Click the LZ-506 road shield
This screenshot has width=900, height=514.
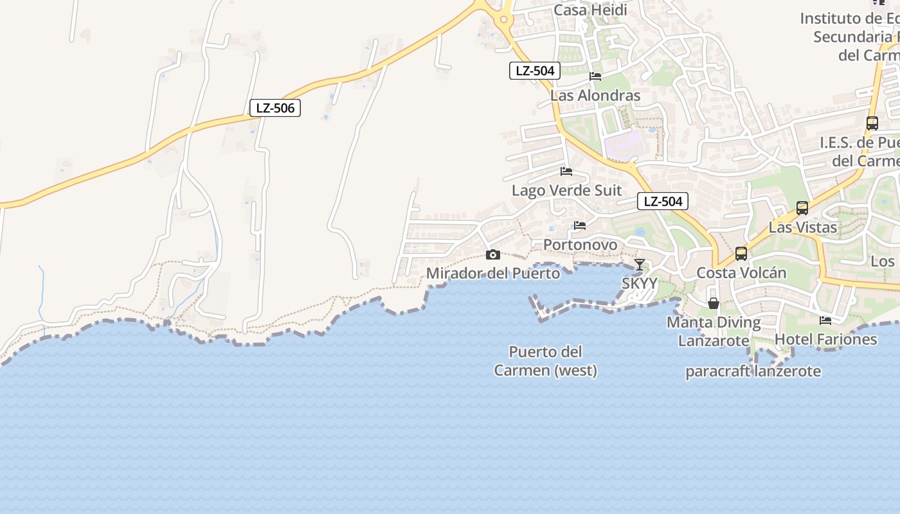[275, 108]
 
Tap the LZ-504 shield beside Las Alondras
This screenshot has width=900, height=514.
[535, 71]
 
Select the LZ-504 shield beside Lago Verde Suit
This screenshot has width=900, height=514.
[663, 201]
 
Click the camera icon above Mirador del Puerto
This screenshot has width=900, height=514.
[493, 254]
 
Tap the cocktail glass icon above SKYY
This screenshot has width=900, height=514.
[640, 264]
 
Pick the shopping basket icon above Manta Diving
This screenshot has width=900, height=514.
[714, 303]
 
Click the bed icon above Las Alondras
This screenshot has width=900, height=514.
[595, 76]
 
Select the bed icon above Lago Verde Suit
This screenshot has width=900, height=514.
[566, 172]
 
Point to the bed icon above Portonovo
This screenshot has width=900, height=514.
[580, 226]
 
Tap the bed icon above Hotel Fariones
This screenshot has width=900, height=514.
[825, 320]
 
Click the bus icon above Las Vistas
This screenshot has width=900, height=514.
[802, 208]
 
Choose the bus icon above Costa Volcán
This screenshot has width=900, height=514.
[741, 254]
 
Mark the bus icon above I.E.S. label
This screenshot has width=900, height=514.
[872, 123]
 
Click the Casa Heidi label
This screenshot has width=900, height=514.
[590, 10]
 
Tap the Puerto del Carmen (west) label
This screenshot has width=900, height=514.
[545, 361]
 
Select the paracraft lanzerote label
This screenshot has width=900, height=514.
[753, 371]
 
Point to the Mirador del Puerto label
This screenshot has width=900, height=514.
[493, 273]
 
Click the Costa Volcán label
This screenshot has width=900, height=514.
[741, 272]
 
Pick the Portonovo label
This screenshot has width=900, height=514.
[580, 245]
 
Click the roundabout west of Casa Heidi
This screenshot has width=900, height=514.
[503, 20]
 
